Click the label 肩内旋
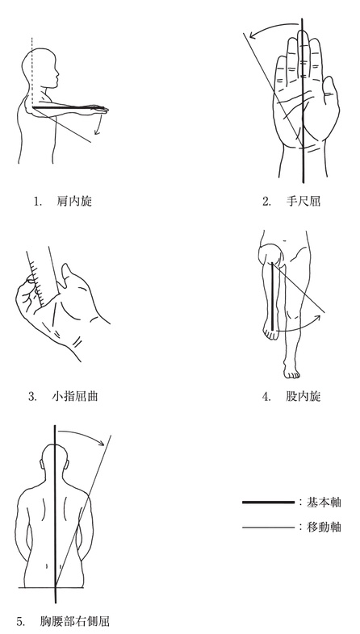[74, 202]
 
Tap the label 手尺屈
[303, 202]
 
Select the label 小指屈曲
[74, 396]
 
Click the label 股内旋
[303, 396]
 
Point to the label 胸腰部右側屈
[75, 621]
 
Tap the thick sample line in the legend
[269, 503]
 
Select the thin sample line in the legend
[269, 528]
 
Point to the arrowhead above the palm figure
[253, 36]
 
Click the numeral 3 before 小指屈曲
[32, 396]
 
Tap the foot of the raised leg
[270, 331]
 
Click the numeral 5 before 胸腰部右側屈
[20, 621]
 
